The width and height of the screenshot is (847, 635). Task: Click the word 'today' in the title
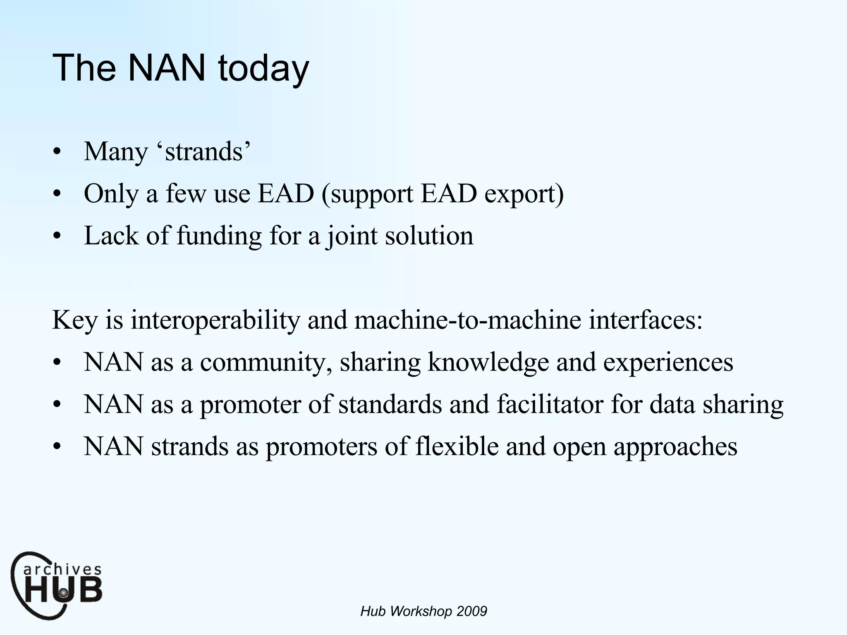point(263,68)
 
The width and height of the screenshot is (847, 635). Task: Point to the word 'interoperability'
point(215,320)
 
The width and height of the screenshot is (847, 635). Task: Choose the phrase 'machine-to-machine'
point(468,320)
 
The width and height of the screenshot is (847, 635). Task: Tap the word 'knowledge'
point(488,362)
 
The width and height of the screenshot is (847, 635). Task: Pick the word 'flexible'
point(457,446)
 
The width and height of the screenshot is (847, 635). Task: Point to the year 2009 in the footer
point(472,611)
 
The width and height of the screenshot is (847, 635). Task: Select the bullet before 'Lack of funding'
point(57,237)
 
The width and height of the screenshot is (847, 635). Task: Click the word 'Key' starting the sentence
point(75,320)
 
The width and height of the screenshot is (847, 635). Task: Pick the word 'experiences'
point(668,362)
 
